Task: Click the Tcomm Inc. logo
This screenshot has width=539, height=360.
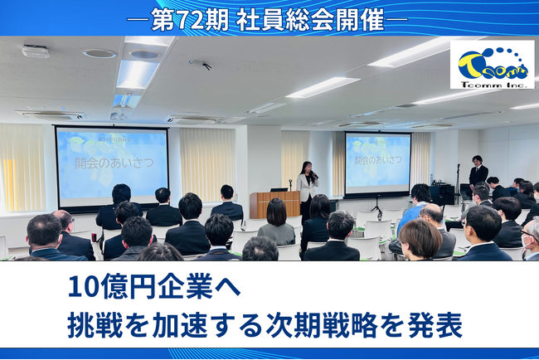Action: tap(492, 64)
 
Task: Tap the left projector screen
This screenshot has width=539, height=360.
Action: tap(111, 165)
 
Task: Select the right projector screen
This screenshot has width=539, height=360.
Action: tap(377, 163)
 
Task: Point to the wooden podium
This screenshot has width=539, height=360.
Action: tap(274, 203)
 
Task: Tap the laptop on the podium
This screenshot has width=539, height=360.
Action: tap(279, 188)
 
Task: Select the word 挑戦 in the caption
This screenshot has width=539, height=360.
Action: tap(94, 325)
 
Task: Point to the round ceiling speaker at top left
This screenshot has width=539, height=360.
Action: tap(100, 54)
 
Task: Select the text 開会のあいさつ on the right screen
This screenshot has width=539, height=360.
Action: tap(378, 158)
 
